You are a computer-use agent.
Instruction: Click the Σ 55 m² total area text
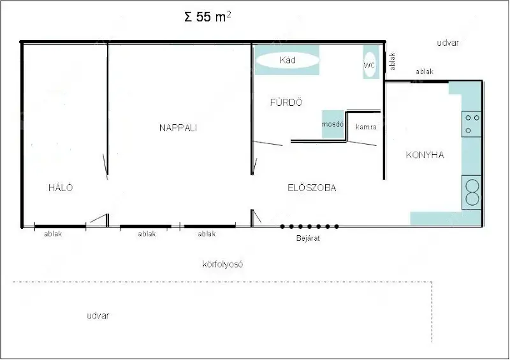point(208,17)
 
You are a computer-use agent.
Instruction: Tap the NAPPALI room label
point(178,128)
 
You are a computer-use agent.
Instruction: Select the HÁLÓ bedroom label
point(61,187)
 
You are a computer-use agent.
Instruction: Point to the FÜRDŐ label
point(286,103)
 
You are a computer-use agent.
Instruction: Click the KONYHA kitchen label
point(425,155)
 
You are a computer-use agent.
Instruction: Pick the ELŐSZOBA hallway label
point(312,187)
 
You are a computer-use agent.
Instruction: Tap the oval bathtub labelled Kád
point(288,60)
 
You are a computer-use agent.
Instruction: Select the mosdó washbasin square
point(333,124)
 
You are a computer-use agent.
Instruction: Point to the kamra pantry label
point(366,127)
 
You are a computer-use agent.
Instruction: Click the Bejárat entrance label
point(308,238)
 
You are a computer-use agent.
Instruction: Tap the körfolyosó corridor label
point(222,264)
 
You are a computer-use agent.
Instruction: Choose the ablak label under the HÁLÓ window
point(53,233)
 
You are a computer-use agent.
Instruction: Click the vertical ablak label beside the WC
point(392,61)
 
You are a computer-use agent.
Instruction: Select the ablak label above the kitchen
point(425,71)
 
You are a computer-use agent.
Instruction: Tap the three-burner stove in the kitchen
point(472,124)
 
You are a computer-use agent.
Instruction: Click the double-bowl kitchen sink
point(472,192)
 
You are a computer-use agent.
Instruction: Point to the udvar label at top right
point(448,43)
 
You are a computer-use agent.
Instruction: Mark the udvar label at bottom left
point(98,315)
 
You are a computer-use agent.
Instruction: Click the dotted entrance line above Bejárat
point(309,226)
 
